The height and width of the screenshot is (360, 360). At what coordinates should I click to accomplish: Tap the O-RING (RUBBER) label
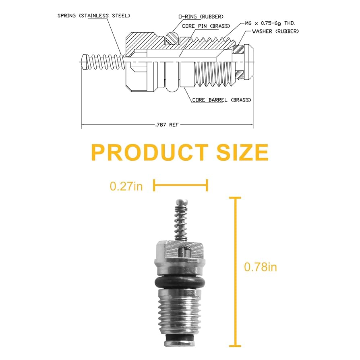(x=201, y=17)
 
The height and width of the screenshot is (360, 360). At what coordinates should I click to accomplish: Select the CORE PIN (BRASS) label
(x=206, y=26)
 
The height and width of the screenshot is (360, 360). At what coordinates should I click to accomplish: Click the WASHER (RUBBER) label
(x=275, y=31)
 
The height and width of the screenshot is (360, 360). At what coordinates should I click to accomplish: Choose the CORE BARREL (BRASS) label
(x=221, y=100)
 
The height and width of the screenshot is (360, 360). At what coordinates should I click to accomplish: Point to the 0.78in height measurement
(x=261, y=267)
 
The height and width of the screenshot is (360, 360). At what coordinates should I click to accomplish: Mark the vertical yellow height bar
(x=235, y=271)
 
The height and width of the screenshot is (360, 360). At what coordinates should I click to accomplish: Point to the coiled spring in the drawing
(x=103, y=62)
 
